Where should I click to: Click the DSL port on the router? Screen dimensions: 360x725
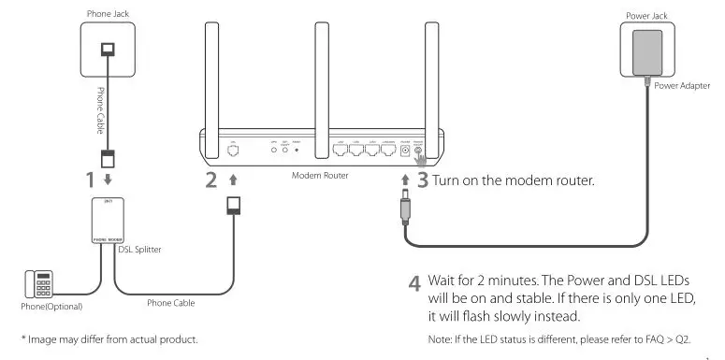233,147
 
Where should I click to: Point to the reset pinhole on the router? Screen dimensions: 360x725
297,148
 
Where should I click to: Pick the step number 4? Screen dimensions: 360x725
413,282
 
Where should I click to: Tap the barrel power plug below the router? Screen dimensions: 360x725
405,211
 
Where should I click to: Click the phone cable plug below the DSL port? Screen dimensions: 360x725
233,204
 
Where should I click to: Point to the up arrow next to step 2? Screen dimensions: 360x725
233,178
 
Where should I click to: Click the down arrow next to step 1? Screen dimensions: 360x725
108,178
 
